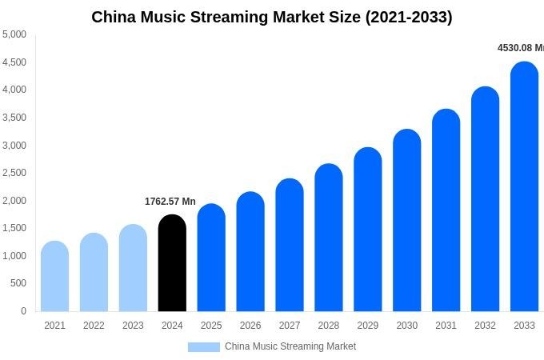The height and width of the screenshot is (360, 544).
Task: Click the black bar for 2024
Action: click(x=172, y=264)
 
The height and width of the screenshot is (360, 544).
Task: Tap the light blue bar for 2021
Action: click(x=54, y=277)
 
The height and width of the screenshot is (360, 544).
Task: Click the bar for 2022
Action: click(x=94, y=273)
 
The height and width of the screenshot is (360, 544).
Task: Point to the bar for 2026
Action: click(x=250, y=252)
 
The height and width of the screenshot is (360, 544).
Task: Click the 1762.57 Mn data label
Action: click(x=170, y=202)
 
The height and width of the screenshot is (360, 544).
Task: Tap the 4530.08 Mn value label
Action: click(x=520, y=48)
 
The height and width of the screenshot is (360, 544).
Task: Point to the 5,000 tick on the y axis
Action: click(x=14, y=34)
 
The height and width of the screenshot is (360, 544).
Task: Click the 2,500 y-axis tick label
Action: click(x=14, y=173)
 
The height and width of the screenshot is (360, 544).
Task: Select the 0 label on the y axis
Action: click(x=23, y=311)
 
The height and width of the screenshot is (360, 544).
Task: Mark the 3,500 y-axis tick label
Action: click(x=14, y=118)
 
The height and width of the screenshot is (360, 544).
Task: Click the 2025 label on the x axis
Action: click(x=211, y=326)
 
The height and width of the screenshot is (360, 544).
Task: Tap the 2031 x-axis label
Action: click(x=446, y=326)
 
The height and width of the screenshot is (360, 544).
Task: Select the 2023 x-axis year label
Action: click(x=133, y=326)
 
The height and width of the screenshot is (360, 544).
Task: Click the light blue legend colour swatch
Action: click(x=203, y=346)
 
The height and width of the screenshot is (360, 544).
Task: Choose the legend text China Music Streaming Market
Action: click(x=290, y=346)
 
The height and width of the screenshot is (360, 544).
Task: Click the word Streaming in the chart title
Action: click(x=235, y=17)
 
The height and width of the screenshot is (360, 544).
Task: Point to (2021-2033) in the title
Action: click(x=408, y=17)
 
